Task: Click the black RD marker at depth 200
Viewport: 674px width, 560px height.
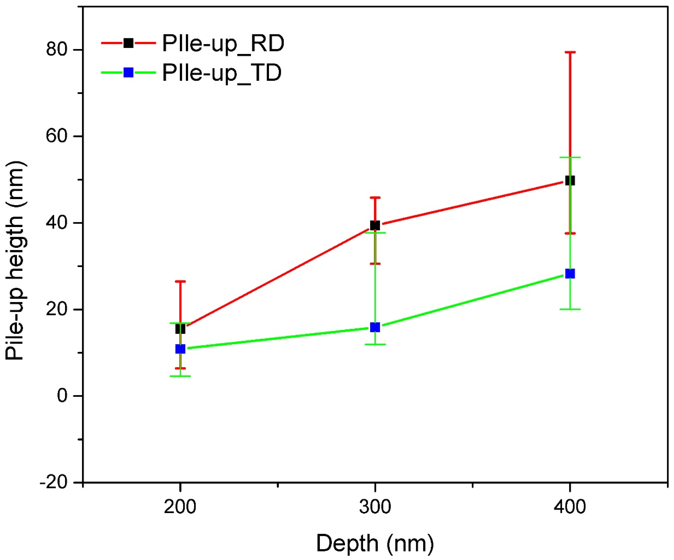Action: point(180,329)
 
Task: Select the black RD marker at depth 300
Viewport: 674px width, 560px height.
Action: point(375,225)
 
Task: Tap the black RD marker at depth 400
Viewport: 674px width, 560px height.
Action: point(570,181)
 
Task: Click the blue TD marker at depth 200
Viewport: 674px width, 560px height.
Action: point(180,349)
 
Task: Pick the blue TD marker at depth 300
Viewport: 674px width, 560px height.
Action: point(375,327)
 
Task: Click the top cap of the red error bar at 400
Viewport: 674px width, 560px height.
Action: point(570,52)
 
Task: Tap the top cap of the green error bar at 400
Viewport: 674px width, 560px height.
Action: point(570,157)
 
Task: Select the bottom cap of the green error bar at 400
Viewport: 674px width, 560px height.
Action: point(570,309)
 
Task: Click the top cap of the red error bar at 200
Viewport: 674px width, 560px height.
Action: point(180,281)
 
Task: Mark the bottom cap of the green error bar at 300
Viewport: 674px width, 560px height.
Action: point(375,345)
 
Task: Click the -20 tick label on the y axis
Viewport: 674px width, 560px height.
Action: point(54,482)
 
